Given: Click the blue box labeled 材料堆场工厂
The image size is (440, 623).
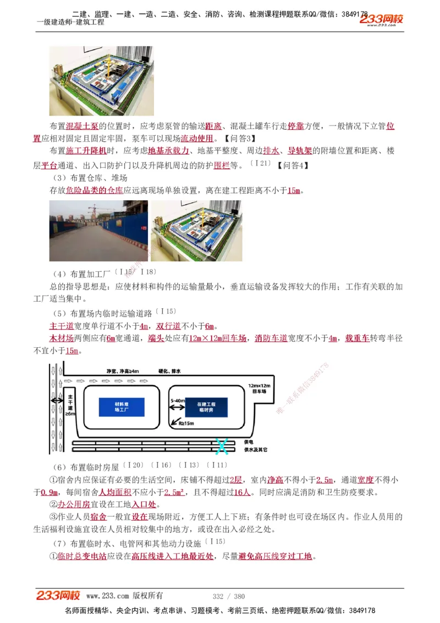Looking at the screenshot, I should tap(122, 407).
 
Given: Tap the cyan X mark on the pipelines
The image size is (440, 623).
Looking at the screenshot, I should tap(222, 446).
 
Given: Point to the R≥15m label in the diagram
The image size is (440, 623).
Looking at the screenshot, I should tap(187, 424).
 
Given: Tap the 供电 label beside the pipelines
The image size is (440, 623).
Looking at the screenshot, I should tap(248, 442).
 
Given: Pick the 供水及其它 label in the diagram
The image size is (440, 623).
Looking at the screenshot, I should tap(255, 450).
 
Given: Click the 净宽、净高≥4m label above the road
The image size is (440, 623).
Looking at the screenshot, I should tap(122, 371).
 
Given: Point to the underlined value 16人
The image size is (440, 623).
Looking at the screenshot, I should tap(243, 492).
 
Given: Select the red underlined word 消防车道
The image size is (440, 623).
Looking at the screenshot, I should tap(271, 338).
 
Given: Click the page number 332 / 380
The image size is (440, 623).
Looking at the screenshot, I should tap(228, 596).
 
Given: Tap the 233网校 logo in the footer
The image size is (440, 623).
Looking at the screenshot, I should tap(58, 595).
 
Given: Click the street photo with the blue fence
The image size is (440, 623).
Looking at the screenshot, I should tap(98, 231).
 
